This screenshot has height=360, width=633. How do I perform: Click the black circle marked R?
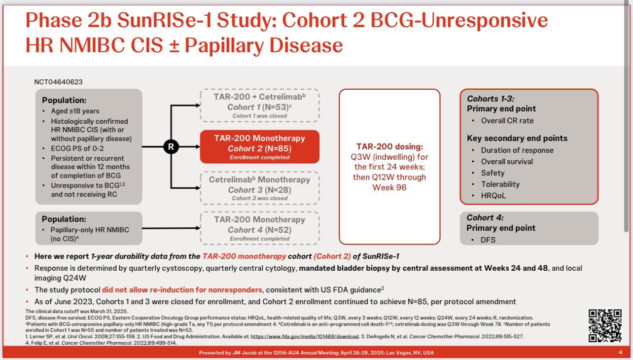pyautogui.click(x=171, y=146)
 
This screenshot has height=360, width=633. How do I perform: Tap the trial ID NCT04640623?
pyautogui.click(x=59, y=82)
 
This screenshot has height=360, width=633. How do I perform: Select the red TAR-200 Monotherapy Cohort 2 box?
pyautogui.click(x=260, y=146)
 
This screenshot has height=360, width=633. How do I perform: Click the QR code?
pyautogui.click(x=605, y=325)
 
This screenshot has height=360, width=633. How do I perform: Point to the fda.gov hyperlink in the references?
pyautogui.click(x=305, y=336)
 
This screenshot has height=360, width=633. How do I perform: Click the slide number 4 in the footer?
pyautogui.click(x=620, y=352)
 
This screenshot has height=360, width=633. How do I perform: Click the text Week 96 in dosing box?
pyautogui.click(x=389, y=187)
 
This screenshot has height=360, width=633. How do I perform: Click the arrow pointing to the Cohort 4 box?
pyautogui.click(x=171, y=228)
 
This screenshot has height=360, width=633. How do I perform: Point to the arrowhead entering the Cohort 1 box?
pyautogui.click(x=198, y=106)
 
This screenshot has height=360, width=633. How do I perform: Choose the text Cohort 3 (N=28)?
pyautogui.click(x=260, y=190)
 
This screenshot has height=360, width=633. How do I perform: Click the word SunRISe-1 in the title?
pyautogui.click(x=165, y=20)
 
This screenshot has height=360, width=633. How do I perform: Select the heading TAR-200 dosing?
pyautogui.click(x=389, y=146)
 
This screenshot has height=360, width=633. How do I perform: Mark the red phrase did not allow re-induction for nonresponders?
pyautogui.click(x=182, y=289)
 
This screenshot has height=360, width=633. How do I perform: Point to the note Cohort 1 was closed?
pyautogui.click(x=260, y=116)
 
